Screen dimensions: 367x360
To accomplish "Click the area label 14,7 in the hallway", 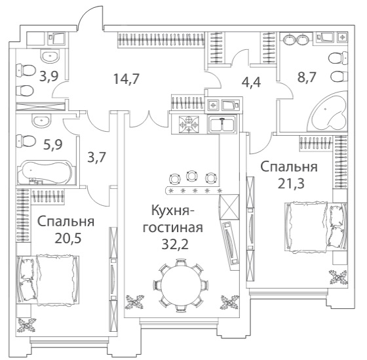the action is click(126, 79).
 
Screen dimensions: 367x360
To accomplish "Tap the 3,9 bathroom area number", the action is click(48, 76).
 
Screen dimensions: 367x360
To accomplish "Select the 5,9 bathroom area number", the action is click(53, 144).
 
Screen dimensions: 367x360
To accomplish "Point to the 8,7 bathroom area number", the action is click(307, 77).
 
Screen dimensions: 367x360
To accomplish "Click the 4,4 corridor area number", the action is click(251, 82).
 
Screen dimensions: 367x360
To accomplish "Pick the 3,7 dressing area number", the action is click(97, 157).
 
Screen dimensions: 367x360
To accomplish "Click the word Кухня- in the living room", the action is click(173, 210).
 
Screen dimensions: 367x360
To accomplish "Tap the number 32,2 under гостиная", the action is click(175, 245).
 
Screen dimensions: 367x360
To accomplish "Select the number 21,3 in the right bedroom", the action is click(291, 184).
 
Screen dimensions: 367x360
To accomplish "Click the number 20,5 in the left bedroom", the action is click(68, 239).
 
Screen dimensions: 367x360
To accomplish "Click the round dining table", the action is click(181, 285).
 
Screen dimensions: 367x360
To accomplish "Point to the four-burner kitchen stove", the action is click(189, 125).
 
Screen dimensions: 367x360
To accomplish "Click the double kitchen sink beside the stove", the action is click(222, 124).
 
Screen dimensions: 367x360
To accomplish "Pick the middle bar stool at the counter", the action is click(191, 176).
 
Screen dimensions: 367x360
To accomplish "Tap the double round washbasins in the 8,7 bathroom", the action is click(296, 39).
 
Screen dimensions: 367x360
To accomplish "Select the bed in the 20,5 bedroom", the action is click(47, 280).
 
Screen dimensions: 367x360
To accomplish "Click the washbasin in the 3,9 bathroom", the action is click(50, 56).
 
